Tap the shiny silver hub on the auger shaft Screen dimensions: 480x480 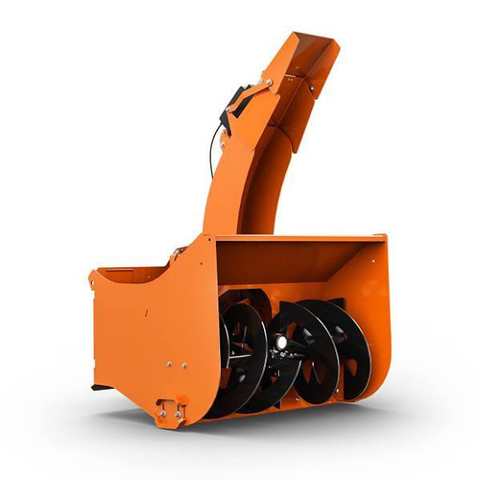[x=281, y=342]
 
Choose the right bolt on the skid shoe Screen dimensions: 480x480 [x=179, y=410]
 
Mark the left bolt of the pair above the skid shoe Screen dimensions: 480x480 [x=169, y=364]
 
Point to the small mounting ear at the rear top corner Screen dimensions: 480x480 [x=94, y=277]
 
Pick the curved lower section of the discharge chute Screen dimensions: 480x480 [x=235, y=192]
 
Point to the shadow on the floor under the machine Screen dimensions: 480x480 [x=288, y=422]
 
